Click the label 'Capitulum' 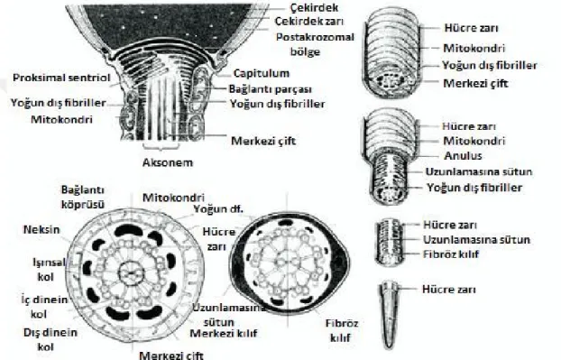pyautogui.click(x=262, y=73)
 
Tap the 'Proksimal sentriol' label pyautogui.click(x=61, y=78)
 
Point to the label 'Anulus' pyautogui.click(x=463, y=156)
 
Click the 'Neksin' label pyautogui.click(x=41, y=229)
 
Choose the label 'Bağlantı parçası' pyautogui.click(x=270, y=89)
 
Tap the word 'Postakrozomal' pyautogui.click(x=315, y=37)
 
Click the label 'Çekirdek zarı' pyautogui.click(x=309, y=21)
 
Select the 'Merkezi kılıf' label pyautogui.click(x=224, y=334)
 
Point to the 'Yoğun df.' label pyautogui.click(x=218, y=208)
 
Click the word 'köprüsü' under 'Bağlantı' pyautogui.click(x=83, y=204)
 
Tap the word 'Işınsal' pyautogui.click(x=49, y=263)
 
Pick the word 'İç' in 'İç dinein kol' pyautogui.click(x=26, y=299)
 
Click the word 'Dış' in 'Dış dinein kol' pyautogui.click(x=31, y=332)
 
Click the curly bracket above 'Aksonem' pyautogui.click(x=161, y=146)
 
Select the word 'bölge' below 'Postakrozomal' pyautogui.click(x=305, y=51)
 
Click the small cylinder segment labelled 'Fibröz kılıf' pyautogui.click(x=390, y=243)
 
